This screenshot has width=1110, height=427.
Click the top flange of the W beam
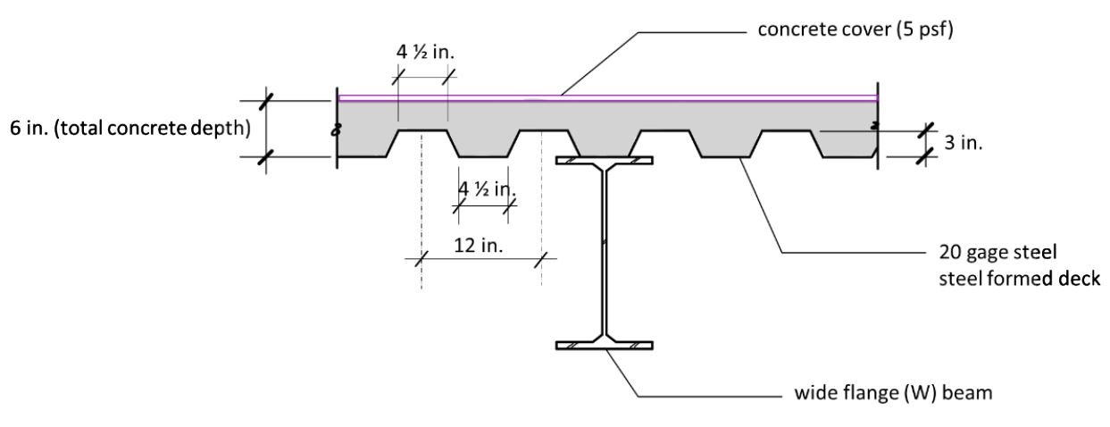[605, 162]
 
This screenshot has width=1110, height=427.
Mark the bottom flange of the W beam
[605, 346]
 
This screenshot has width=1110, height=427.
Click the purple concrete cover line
[714, 97]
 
